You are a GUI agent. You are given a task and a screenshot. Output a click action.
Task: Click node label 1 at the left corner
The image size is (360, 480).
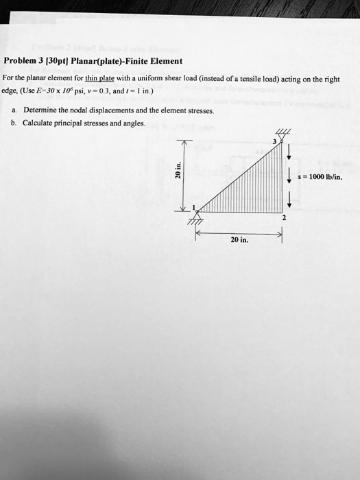(194, 208)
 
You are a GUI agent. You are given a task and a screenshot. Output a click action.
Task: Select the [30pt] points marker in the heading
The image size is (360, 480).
(64, 60)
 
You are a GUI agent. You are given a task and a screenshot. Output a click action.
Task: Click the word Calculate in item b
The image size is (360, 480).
(38, 123)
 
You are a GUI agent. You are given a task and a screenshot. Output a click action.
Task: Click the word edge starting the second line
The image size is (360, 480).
(12, 91)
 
